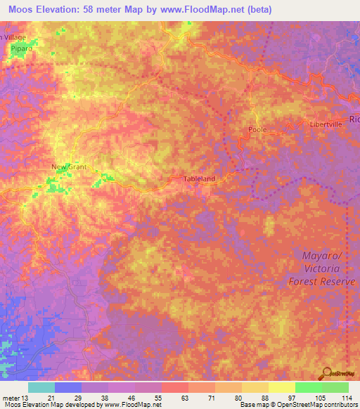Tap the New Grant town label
coord(68,167)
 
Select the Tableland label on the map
coord(199,179)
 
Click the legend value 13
coord(27,398)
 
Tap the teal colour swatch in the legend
coord(41,387)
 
